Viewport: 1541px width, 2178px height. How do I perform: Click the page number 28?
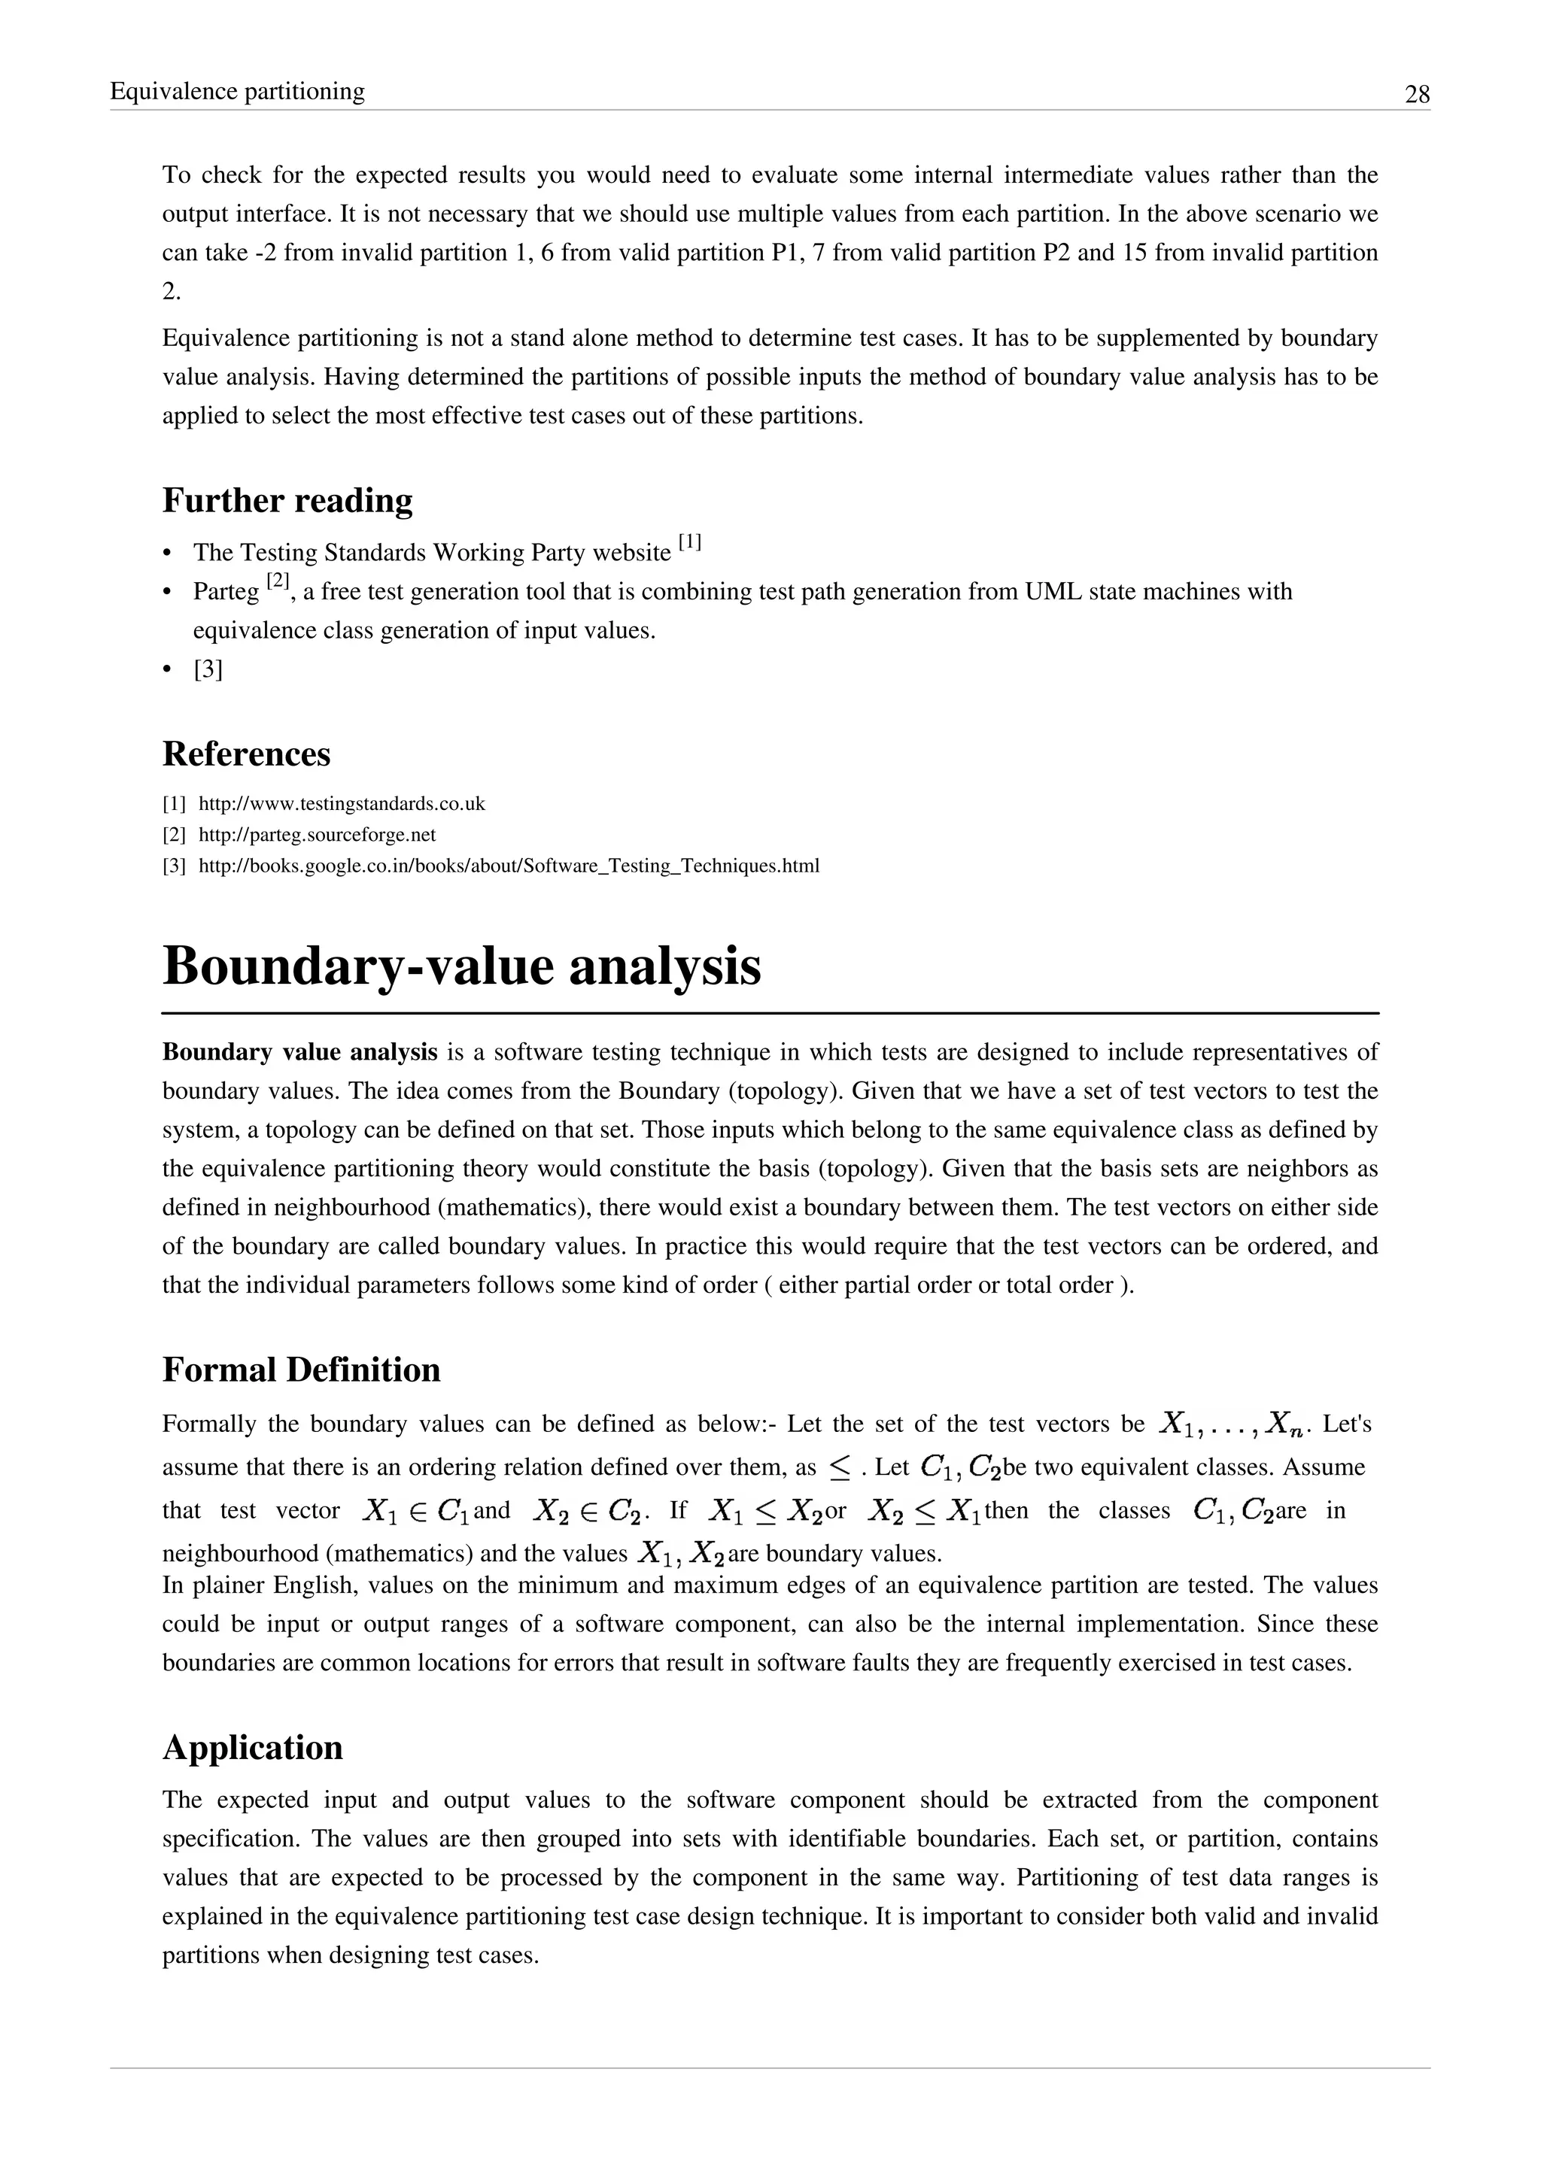[1417, 95]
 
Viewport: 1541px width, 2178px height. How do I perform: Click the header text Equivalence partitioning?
[237, 91]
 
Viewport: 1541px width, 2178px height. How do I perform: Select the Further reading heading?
[287, 500]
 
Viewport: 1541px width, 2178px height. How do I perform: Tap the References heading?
[247, 754]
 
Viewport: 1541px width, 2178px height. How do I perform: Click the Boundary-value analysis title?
[462, 966]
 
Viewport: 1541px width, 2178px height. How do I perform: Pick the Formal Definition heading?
[302, 1370]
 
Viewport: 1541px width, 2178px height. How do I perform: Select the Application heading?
[252, 1747]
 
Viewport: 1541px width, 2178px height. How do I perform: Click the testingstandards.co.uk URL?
[342, 805]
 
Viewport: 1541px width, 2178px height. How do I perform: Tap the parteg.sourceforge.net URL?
[317, 835]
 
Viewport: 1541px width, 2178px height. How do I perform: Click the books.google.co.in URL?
[509, 866]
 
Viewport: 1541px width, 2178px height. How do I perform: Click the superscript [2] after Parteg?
[278, 581]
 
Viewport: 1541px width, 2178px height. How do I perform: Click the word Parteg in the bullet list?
[226, 592]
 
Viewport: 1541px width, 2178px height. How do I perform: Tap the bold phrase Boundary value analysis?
[300, 1052]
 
